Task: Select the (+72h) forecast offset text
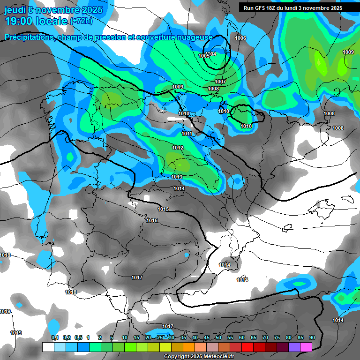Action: [x=81, y=21]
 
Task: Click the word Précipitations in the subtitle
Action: [x=29, y=37]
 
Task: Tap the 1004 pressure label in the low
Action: [x=211, y=54]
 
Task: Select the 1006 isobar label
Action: [x=240, y=38]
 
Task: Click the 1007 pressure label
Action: [x=220, y=82]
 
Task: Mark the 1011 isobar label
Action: [x=187, y=134]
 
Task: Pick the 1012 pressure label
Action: [x=177, y=148]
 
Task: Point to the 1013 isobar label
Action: [x=177, y=177]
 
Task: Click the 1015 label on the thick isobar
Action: [x=163, y=209]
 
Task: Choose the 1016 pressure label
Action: [x=152, y=220]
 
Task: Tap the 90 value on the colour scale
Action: [x=312, y=338]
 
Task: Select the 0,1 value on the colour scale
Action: [x=54, y=338]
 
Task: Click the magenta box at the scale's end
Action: [x=306, y=347]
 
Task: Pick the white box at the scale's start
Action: [x=48, y=347]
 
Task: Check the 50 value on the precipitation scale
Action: [x=218, y=338]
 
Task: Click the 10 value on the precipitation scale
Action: [x=124, y=338]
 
